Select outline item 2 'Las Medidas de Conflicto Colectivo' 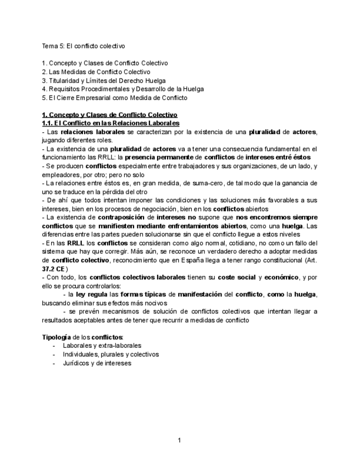click(x=96, y=71)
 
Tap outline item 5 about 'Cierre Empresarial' click(x=114, y=97)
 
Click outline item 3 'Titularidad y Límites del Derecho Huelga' click(x=104, y=80)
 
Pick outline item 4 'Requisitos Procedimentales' click(x=123, y=88)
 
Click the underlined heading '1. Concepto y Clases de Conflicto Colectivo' click(x=110, y=115)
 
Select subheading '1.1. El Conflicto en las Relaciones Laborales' click(x=110, y=123)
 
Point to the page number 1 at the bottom click(x=179, y=440)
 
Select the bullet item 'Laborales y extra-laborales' click(x=102, y=346)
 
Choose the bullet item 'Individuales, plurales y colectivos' click(x=110, y=354)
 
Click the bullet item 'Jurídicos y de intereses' click(x=97, y=363)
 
